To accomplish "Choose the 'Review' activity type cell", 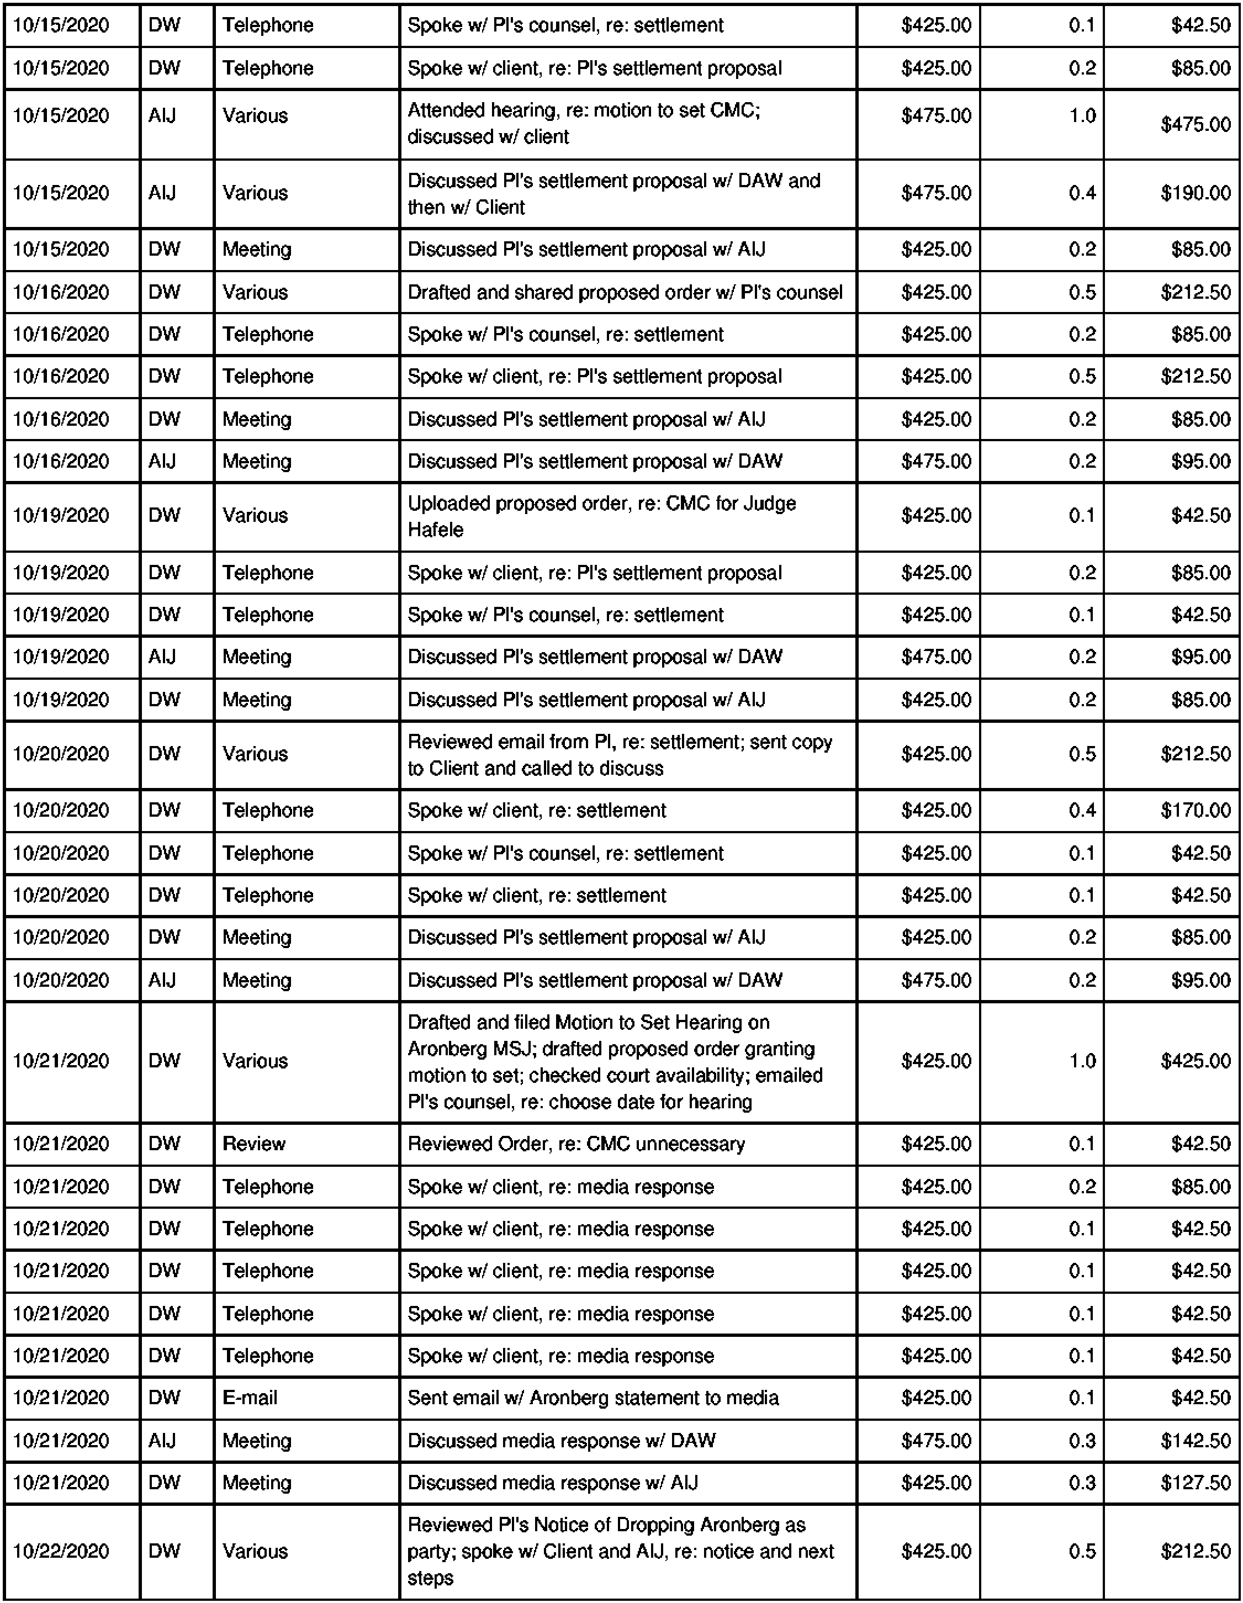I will click(x=254, y=1144).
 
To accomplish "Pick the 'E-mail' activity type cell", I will click(x=250, y=1398).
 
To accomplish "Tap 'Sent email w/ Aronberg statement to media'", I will click(x=593, y=1398).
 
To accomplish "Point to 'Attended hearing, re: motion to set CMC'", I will click(x=583, y=110).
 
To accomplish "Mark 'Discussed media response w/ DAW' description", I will click(x=561, y=1440).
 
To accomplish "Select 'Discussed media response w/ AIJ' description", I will click(x=552, y=1483).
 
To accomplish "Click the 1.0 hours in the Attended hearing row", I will click(x=1082, y=116).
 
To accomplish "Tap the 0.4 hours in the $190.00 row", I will click(x=1082, y=193).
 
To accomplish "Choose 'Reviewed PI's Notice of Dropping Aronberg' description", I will click(x=606, y=1525).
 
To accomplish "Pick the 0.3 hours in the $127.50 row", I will click(x=1082, y=1483).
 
